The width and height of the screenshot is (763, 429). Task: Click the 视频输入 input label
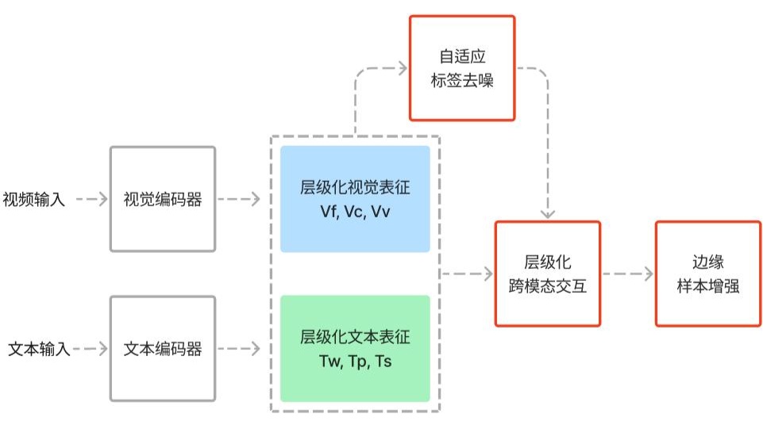33,199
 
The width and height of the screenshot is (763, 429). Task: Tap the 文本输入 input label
39,349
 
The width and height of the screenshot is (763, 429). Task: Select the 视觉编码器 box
163,199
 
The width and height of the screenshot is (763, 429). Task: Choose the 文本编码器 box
163,349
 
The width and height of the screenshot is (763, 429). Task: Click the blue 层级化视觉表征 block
355,199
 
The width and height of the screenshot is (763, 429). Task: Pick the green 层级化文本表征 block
355,349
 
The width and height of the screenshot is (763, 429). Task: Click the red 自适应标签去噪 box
462,68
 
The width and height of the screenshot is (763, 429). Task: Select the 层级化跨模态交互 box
547,274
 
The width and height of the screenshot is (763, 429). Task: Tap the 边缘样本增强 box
708,274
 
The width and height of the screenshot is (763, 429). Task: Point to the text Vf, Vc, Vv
355,212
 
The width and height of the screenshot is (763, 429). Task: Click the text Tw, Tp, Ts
355,362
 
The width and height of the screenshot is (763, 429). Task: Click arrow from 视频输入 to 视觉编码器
91,199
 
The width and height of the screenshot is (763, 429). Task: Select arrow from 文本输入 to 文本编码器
91,349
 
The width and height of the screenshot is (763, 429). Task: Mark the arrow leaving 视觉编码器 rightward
239,199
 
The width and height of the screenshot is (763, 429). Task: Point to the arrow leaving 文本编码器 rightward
239,349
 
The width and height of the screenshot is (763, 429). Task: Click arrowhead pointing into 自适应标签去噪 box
403,68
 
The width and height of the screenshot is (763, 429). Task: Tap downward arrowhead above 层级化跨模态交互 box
548,214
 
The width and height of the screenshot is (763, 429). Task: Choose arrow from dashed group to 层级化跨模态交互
467,274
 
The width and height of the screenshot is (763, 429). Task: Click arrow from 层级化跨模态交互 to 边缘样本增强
628,274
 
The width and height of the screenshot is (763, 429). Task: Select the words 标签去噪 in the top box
462,81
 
